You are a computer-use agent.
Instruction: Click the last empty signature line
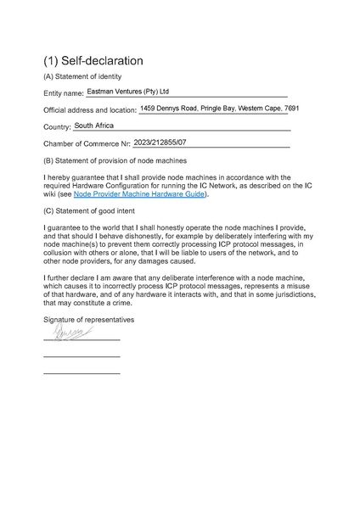(x=82, y=373)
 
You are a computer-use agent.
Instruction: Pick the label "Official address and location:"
(x=89, y=110)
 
